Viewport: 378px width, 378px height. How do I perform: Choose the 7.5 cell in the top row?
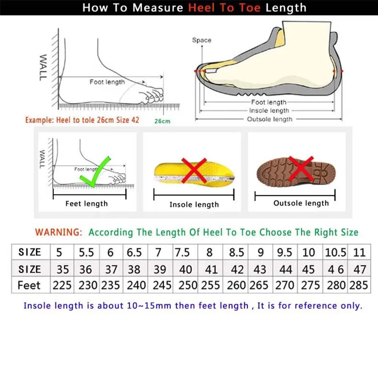pos(183,252)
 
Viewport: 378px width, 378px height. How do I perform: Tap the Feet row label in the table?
pos(29,285)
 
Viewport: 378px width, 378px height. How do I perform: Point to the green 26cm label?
pos(162,121)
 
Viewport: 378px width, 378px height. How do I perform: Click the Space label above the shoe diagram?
pos(201,40)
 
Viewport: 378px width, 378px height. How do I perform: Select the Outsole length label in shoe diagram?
pos(270,119)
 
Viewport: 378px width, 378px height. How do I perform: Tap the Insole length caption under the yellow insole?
pos(194,204)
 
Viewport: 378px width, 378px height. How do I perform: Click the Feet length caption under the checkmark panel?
pos(87,204)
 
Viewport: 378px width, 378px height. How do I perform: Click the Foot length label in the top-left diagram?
pos(107,82)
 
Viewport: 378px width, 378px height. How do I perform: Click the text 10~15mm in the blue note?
pos(151,305)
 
